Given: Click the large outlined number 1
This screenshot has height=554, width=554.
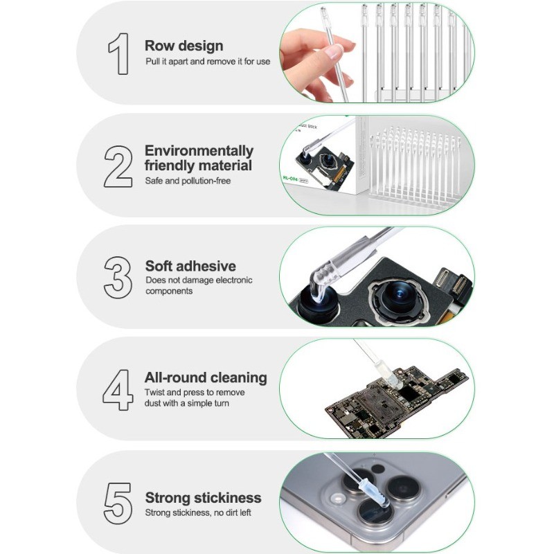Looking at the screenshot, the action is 119,54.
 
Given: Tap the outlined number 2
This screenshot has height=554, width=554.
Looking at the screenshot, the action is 118,166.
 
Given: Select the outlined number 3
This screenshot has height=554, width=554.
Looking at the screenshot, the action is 118,278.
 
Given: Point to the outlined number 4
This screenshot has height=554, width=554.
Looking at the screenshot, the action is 118,390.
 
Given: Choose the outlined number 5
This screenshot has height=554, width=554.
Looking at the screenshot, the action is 118,503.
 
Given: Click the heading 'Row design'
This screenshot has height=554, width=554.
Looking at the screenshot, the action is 184,46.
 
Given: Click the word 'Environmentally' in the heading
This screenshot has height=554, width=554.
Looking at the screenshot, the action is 199,151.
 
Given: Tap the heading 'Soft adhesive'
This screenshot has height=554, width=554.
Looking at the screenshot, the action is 190,266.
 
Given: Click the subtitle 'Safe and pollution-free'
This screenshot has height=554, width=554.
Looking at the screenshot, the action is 188,181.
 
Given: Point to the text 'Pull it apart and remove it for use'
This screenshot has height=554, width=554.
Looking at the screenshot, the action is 208,62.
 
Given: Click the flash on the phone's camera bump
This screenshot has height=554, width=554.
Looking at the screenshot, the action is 337,499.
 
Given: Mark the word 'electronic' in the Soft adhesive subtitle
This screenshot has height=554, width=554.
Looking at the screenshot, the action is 234,280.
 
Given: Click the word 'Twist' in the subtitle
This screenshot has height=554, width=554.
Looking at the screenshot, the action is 154,392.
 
